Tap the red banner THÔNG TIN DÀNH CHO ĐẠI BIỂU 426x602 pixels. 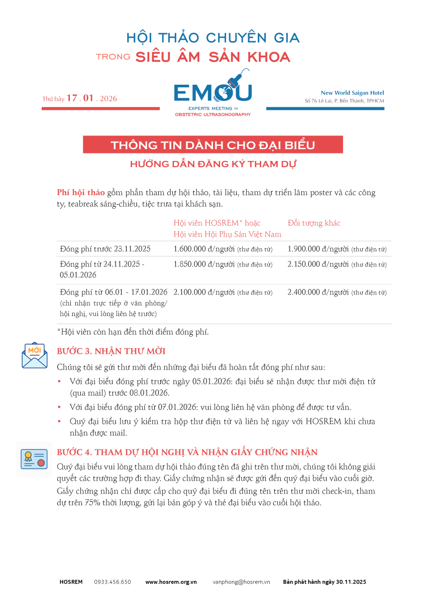[x=213, y=145]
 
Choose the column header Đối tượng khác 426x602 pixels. [x=314, y=223]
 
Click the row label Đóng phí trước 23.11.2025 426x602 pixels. [x=105, y=249]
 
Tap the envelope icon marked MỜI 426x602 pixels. [x=34, y=355]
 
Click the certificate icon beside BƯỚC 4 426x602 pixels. [x=34, y=459]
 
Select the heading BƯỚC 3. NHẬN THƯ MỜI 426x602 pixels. [x=111, y=351]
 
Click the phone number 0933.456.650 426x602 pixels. [x=113, y=582]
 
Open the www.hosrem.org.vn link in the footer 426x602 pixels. [x=171, y=582]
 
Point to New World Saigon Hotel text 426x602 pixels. [x=352, y=93]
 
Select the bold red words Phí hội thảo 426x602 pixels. [x=81, y=193]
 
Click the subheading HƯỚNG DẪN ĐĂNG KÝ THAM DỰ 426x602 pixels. [x=213, y=164]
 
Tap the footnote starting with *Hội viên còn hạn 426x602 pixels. [x=133, y=332]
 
